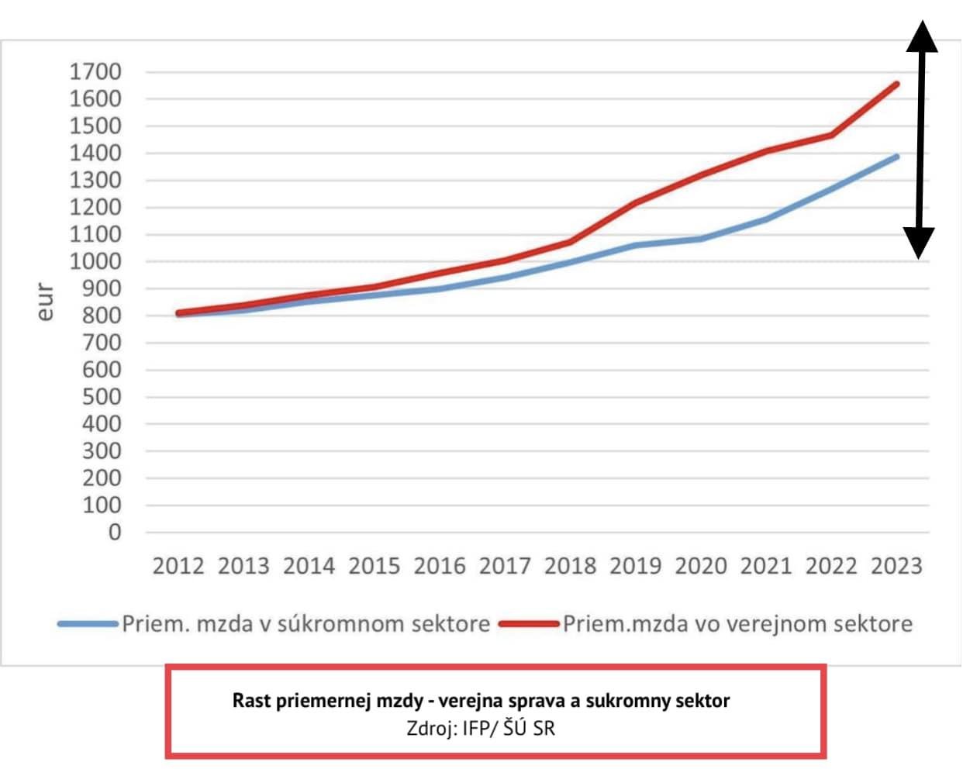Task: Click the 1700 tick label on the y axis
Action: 95,72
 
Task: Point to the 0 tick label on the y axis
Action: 115,532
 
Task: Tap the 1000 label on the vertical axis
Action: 95,261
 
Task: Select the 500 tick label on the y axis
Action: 102,397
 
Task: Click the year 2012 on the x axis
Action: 178,566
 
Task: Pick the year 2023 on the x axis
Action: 896,566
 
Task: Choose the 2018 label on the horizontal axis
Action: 570,566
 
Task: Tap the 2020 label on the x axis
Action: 700,566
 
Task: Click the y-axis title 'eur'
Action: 46,302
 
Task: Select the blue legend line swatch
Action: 88,624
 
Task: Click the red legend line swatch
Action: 530,624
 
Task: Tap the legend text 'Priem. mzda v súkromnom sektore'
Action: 305,624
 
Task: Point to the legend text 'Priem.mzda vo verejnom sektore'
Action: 737,624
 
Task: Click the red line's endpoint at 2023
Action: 897,84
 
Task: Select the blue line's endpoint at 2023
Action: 897,157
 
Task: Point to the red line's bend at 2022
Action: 831,135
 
